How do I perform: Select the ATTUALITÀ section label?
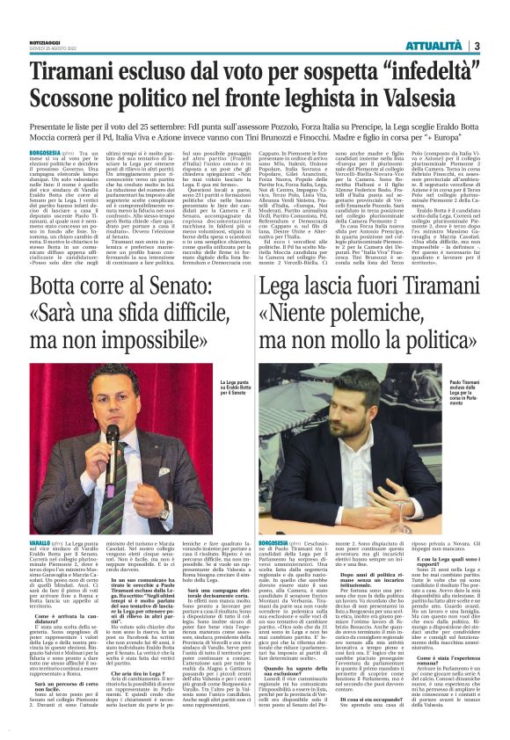434,45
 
